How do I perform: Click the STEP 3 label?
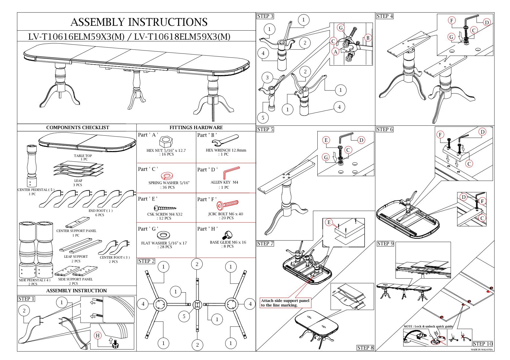265,16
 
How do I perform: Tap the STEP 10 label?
483,344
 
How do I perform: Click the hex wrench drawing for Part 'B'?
225,139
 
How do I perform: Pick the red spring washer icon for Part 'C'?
167,176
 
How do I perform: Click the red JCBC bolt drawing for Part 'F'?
228,204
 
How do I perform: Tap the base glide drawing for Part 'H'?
228,235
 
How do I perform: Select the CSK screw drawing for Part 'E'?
165,208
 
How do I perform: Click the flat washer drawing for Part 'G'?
163,235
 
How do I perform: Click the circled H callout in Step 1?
98,336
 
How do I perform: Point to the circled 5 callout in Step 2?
184,316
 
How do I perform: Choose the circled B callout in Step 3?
368,38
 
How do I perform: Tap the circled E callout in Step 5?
326,140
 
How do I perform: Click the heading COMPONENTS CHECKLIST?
78,127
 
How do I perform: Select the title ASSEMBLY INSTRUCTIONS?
139,22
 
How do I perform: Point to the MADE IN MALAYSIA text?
482,350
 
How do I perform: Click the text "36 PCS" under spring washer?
168,187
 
